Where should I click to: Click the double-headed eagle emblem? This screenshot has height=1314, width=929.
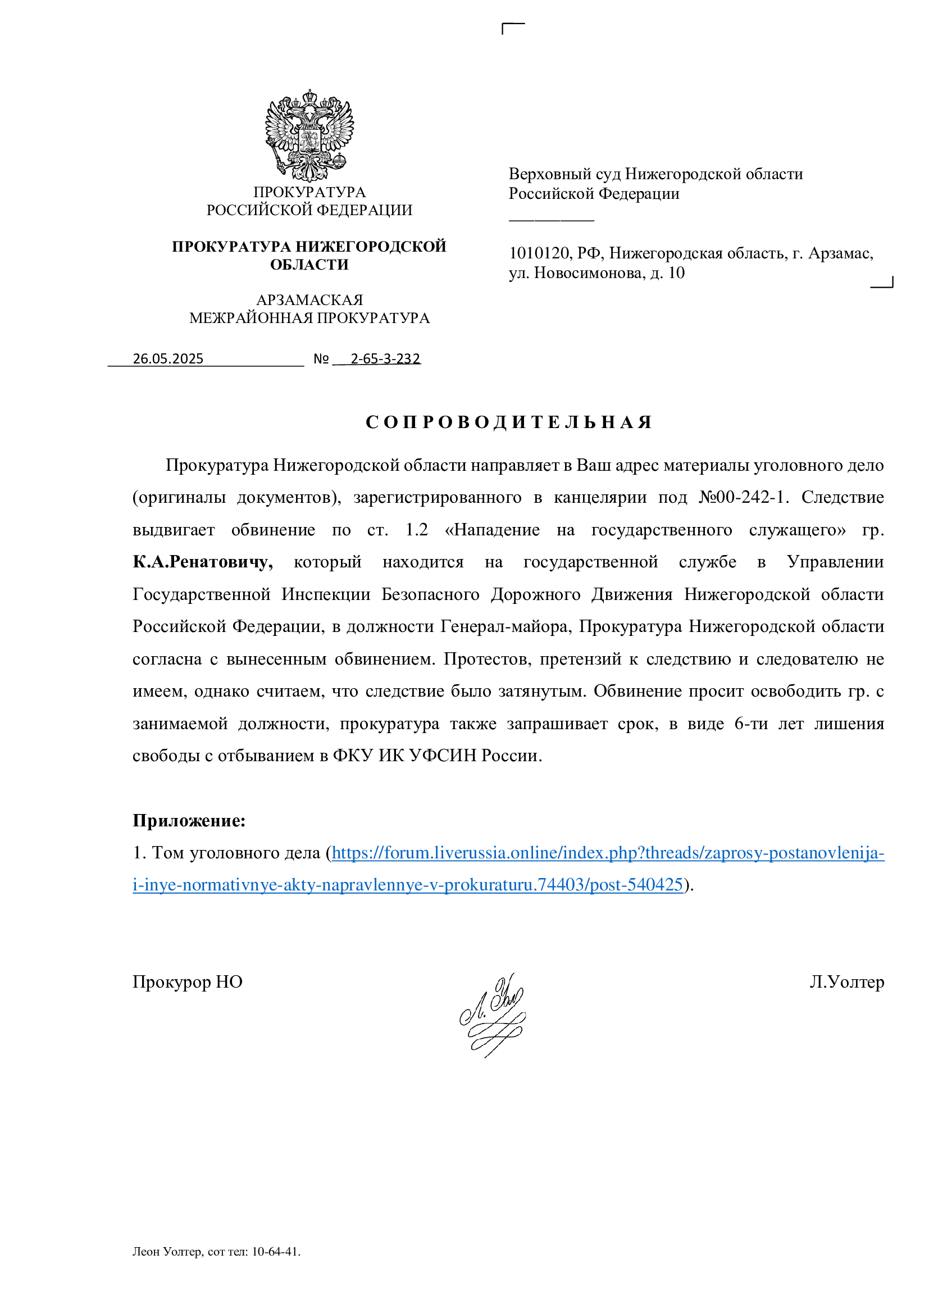(309, 135)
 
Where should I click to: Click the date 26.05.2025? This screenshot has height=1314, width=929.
(167, 359)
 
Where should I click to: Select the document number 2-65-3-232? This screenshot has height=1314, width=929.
(385, 359)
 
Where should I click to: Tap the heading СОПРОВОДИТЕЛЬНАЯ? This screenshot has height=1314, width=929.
(508, 422)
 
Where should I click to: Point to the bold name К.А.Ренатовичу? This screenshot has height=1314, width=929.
(203, 562)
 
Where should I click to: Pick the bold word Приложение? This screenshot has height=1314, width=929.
(189, 821)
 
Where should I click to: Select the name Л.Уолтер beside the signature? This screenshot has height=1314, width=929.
(846, 982)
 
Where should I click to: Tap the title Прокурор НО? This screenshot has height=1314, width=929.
(188, 982)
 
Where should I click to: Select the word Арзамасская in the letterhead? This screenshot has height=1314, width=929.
(309, 300)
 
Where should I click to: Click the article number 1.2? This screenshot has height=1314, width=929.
(416, 530)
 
